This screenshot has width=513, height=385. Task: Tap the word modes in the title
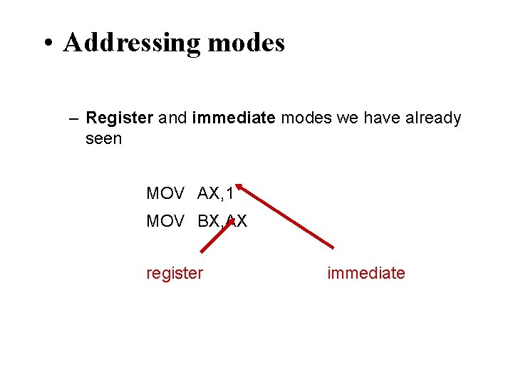(246, 43)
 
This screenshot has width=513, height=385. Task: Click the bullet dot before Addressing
(48, 44)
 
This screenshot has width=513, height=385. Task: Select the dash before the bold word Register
(74, 118)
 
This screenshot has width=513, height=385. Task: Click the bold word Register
(119, 118)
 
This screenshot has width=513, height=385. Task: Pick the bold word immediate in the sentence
(233, 118)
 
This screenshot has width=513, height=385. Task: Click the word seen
(103, 138)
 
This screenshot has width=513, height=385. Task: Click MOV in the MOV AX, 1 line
(165, 193)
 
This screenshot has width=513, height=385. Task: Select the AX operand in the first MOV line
(209, 193)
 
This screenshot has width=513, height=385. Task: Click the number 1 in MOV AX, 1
(229, 193)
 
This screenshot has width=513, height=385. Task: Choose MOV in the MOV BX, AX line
(165, 222)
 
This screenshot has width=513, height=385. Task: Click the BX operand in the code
(209, 222)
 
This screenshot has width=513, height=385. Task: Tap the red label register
(175, 273)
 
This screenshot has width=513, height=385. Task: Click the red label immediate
(366, 273)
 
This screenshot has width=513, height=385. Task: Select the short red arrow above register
(217, 236)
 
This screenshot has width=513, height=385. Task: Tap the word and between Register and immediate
(172, 118)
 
